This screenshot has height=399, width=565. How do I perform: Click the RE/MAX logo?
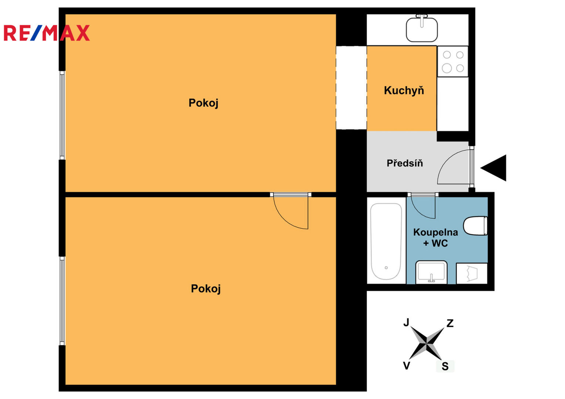coord(47,33)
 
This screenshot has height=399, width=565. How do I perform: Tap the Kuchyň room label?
coord(404,91)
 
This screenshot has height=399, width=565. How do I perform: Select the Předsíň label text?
coord(404,163)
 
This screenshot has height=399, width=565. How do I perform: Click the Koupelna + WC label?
coord(435,238)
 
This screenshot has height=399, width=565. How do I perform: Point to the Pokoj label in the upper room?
coord(203,103)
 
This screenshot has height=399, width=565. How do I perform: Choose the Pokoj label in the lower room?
coord(206,289)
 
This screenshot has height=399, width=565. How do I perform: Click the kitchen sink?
coord(421,28)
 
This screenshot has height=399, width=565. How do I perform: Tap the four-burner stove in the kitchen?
coord(453,61)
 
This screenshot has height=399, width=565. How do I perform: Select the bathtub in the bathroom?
coord(386,242)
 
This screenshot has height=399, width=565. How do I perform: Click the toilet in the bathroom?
coord(475,226)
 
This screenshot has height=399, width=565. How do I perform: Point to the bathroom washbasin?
coord(431,273)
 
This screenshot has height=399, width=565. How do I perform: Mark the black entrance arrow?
coord(493,168)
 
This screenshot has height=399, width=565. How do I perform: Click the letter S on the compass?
coord(445,366)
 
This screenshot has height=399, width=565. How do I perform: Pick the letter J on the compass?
coord(406,322)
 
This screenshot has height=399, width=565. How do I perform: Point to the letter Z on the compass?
coord(450,323)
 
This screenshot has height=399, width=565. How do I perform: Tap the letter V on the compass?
coord(407,365)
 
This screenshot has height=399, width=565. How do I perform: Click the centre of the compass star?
coord(426,343)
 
